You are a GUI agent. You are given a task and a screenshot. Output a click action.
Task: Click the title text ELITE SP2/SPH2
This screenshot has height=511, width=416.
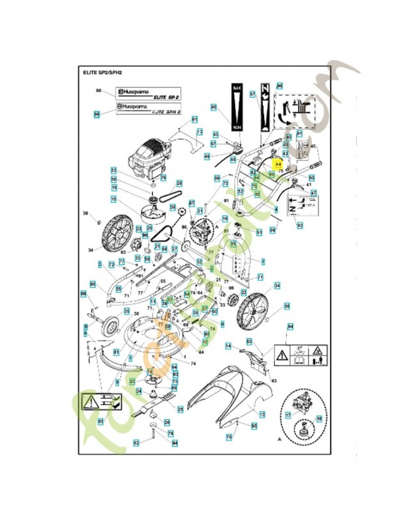[x=102, y=74]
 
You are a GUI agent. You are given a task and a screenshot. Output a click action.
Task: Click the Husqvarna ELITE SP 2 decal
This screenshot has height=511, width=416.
[x=149, y=93]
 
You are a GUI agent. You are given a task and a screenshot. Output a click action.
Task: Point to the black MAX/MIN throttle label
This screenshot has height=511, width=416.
[x=237, y=107]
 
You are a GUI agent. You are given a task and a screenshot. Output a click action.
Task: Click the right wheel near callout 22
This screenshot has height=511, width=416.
[x=256, y=312]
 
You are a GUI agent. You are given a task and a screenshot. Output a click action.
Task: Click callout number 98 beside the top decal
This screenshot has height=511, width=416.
[x=99, y=91]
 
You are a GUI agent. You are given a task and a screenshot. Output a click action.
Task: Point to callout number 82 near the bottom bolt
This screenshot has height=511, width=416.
[x=136, y=441]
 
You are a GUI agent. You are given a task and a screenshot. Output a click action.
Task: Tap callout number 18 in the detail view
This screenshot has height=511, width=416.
[x=320, y=418]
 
